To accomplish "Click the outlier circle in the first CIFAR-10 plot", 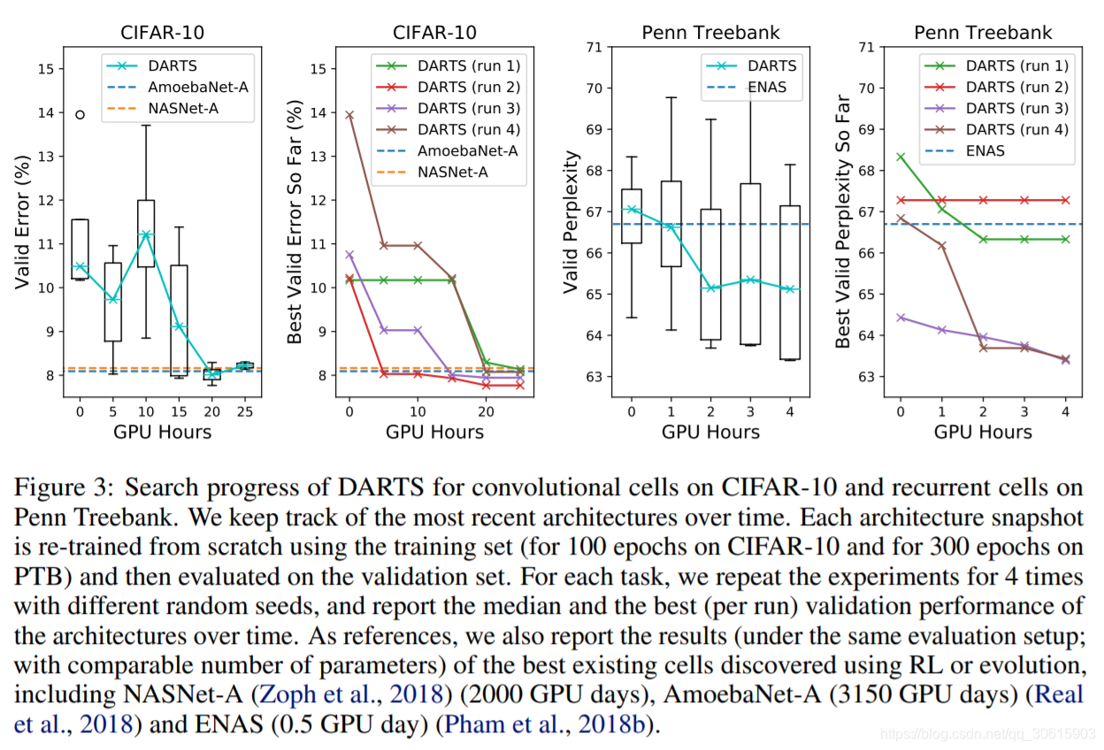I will pyautogui.click(x=80, y=114).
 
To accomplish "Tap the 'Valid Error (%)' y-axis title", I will pyautogui.click(x=23, y=222).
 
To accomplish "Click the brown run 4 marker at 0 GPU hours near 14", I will pyautogui.click(x=349, y=115).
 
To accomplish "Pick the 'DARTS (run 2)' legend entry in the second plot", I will pyautogui.click(x=470, y=87).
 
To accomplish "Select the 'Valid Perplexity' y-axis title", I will pyautogui.click(x=571, y=222).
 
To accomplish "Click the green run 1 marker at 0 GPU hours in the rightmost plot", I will pyautogui.click(x=901, y=157).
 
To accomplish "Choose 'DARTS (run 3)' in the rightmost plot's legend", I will pyautogui.click(x=1017, y=108).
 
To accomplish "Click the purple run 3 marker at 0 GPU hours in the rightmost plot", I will pyautogui.click(x=901, y=317).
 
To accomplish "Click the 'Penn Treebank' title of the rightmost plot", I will pyautogui.click(x=983, y=33).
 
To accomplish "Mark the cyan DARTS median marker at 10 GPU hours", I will pyautogui.click(x=145, y=235).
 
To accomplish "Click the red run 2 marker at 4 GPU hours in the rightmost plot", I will pyautogui.click(x=1066, y=200).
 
